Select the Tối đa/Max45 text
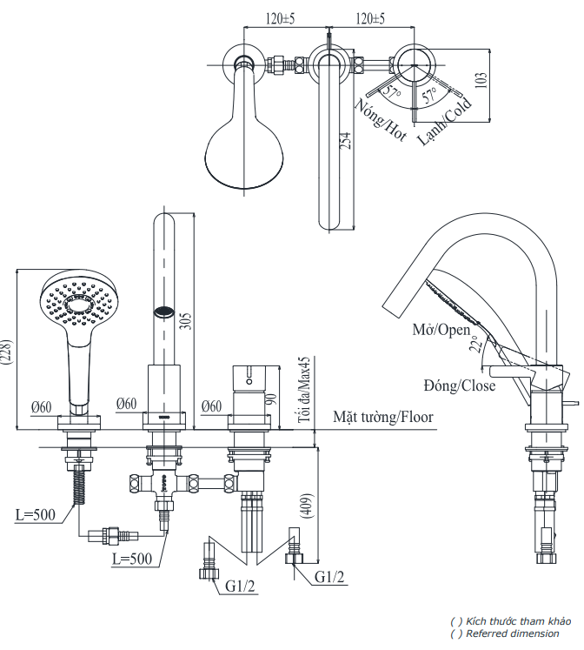click(304, 390)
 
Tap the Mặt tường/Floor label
click(383, 417)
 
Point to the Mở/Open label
click(441, 330)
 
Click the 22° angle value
click(474, 345)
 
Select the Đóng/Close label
click(460, 384)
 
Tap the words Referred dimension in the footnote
click(513, 633)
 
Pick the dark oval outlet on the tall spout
click(163, 311)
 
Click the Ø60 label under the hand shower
click(42, 405)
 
